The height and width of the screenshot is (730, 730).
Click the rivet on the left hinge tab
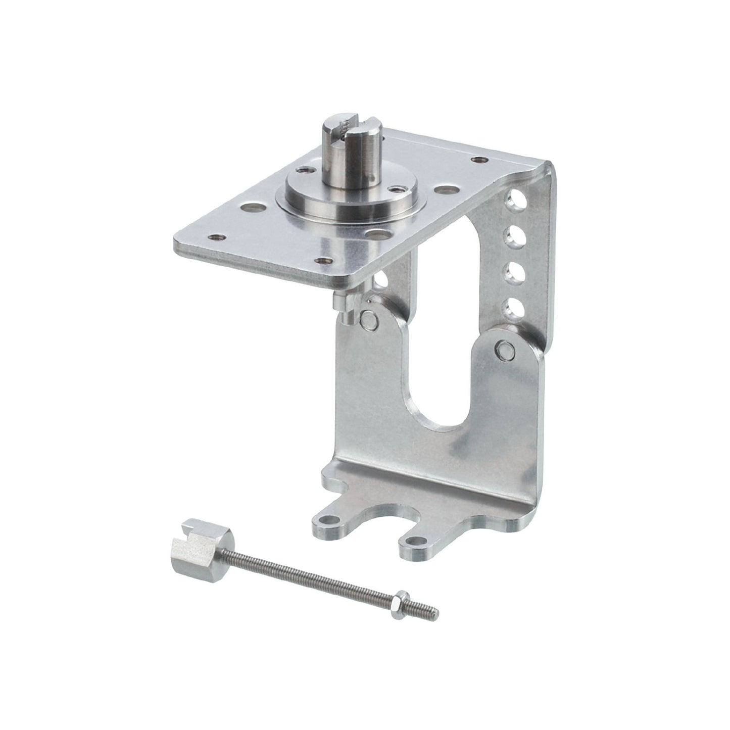click(x=372, y=320)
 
